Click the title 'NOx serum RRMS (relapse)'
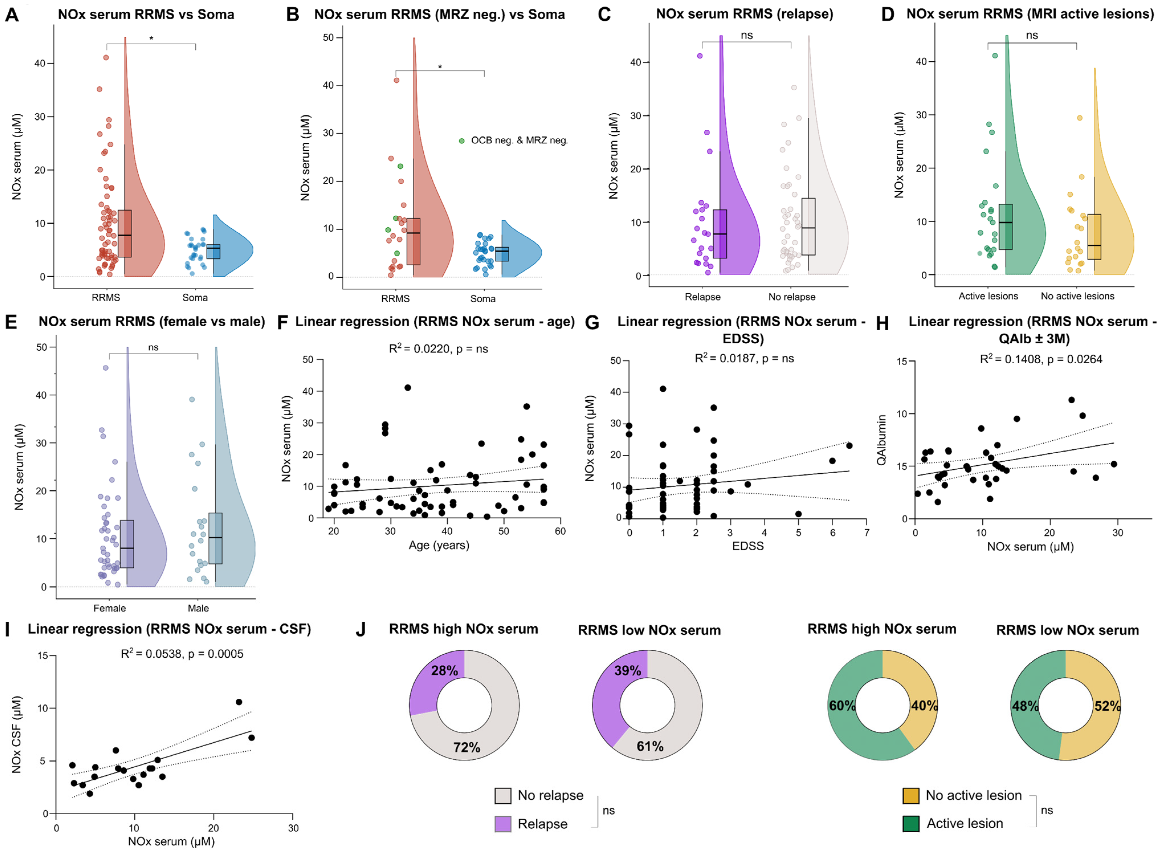pyautogui.click(x=744, y=14)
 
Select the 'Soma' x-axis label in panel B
pyautogui.click(x=483, y=299)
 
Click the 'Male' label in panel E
pyautogui.click(x=198, y=608)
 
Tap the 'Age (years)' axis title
pyautogui.click(x=439, y=545)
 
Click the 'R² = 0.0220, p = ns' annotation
pyautogui.click(x=438, y=349)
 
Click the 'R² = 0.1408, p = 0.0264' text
pyautogui.click(x=1041, y=360)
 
